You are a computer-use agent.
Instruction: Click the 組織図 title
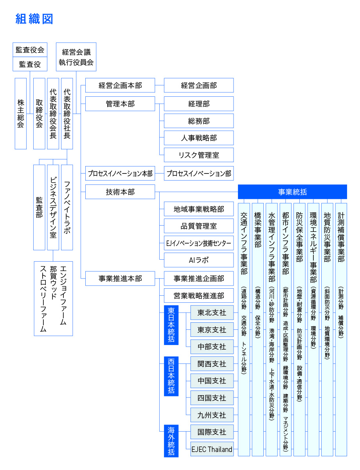[34, 18]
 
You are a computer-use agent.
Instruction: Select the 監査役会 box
[30, 50]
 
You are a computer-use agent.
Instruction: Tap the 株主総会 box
[21, 113]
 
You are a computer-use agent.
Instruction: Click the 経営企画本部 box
[120, 85]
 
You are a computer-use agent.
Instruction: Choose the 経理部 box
[199, 104]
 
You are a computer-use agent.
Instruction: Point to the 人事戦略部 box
[199, 138]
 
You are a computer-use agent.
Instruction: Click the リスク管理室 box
[199, 155]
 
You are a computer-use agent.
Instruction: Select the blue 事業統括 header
[293, 192]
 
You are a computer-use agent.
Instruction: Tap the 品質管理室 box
[199, 226]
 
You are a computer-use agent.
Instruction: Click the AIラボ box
[199, 260]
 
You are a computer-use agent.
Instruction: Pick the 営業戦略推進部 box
[199, 295]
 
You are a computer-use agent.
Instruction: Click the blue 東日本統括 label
[171, 325]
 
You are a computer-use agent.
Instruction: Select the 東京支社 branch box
[212, 330]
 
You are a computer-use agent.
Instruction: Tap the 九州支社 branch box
[212, 415]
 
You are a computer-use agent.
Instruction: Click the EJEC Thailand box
[212, 449]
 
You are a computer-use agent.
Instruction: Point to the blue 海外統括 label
[171, 441]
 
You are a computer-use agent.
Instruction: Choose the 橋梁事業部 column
[258, 329]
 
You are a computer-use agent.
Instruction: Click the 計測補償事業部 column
[341, 329]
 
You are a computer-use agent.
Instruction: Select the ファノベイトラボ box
[67, 207]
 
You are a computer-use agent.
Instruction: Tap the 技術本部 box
[120, 192]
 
